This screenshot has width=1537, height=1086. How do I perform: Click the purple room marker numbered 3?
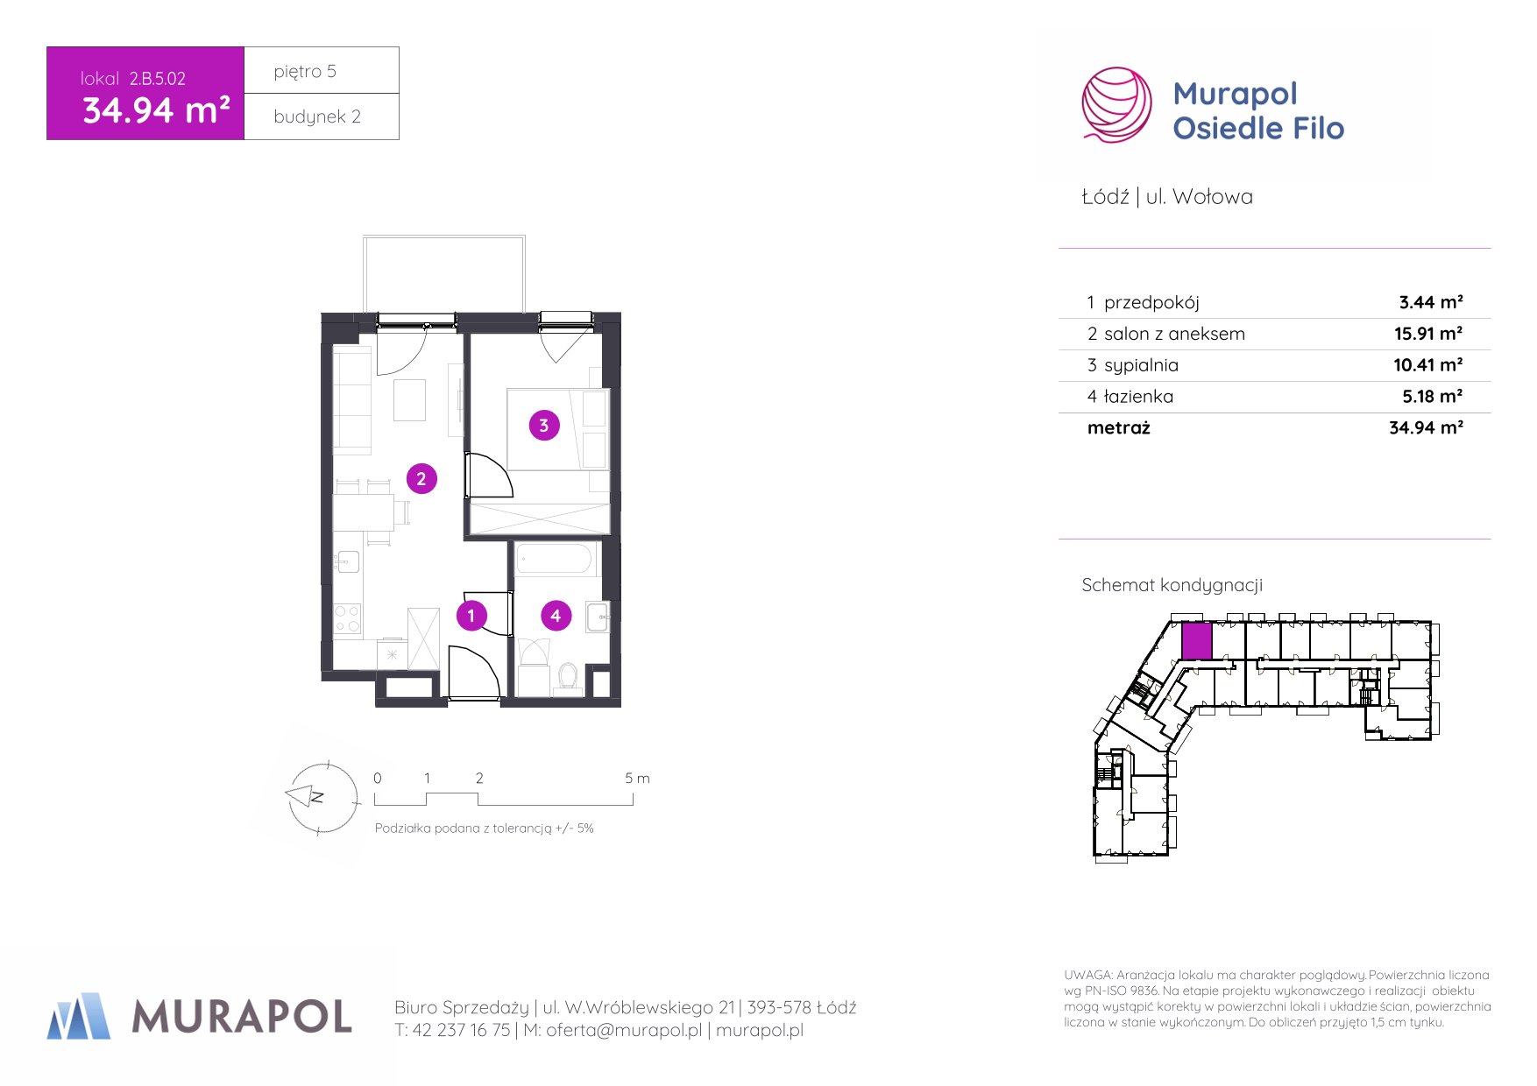(x=544, y=426)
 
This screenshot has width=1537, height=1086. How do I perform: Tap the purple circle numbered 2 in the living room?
(x=421, y=479)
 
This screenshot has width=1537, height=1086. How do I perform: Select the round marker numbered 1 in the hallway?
(x=471, y=616)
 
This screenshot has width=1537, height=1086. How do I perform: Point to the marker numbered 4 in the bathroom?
(x=556, y=617)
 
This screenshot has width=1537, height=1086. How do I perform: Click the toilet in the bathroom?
(x=568, y=677)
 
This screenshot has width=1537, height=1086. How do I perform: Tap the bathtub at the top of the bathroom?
(x=554, y=559)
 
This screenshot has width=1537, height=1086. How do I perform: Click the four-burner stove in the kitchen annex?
(x=347, y=618)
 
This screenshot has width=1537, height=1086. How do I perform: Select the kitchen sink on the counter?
(x=347, y=561)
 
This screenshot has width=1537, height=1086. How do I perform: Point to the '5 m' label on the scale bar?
(x=637, y=778)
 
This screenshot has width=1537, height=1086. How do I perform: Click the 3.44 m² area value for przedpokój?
(x=1431, y=302)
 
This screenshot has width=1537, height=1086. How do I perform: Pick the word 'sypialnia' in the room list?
(x=1141, y=366)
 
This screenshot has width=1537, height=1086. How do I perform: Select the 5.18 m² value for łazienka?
(x=1433, y=397)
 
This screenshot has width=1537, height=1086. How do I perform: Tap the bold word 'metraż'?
(x=1118, y=428)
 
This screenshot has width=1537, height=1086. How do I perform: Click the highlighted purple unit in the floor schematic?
(x=1197, y=641)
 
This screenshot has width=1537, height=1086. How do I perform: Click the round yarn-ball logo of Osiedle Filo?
(x=1116, y=105)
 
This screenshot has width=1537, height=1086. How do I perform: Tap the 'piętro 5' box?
(x=322, y=70)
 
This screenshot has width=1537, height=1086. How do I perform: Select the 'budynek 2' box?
(x=322, y=116)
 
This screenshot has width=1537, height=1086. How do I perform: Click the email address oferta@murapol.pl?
(x=624, y=1031)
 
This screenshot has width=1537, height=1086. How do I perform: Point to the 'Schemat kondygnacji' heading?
(x=1172, y=585)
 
